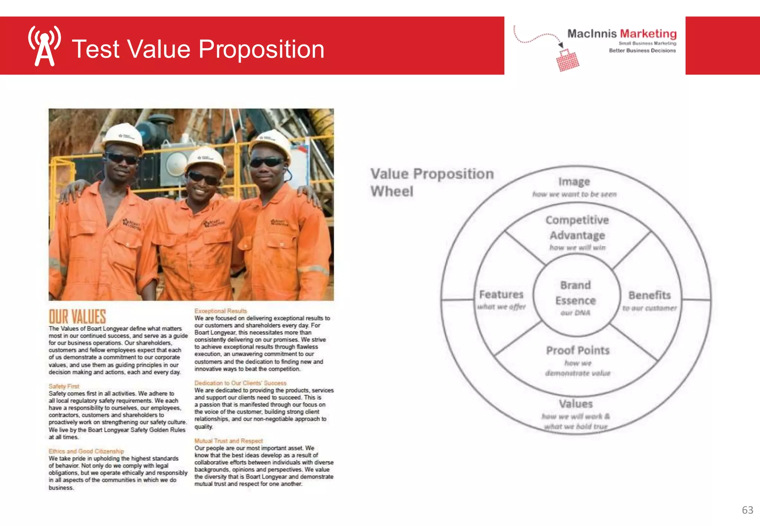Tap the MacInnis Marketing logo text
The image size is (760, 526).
622,34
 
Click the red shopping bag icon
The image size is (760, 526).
567,61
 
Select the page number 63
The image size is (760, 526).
747,510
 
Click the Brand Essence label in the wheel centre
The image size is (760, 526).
576,293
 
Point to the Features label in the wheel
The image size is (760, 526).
501,295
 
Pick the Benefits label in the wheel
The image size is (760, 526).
649,295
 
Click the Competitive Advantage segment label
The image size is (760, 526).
577,227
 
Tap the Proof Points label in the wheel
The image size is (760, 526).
578,351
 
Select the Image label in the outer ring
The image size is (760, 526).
574,182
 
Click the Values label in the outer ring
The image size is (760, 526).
576,404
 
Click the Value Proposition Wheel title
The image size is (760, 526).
432,182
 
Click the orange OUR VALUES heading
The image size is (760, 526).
78,317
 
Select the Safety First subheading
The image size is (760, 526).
64,386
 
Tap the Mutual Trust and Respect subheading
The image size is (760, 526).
228,441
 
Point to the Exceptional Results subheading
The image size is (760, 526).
220,311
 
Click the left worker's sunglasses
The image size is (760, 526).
121,159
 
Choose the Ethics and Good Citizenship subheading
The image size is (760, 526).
86,451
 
